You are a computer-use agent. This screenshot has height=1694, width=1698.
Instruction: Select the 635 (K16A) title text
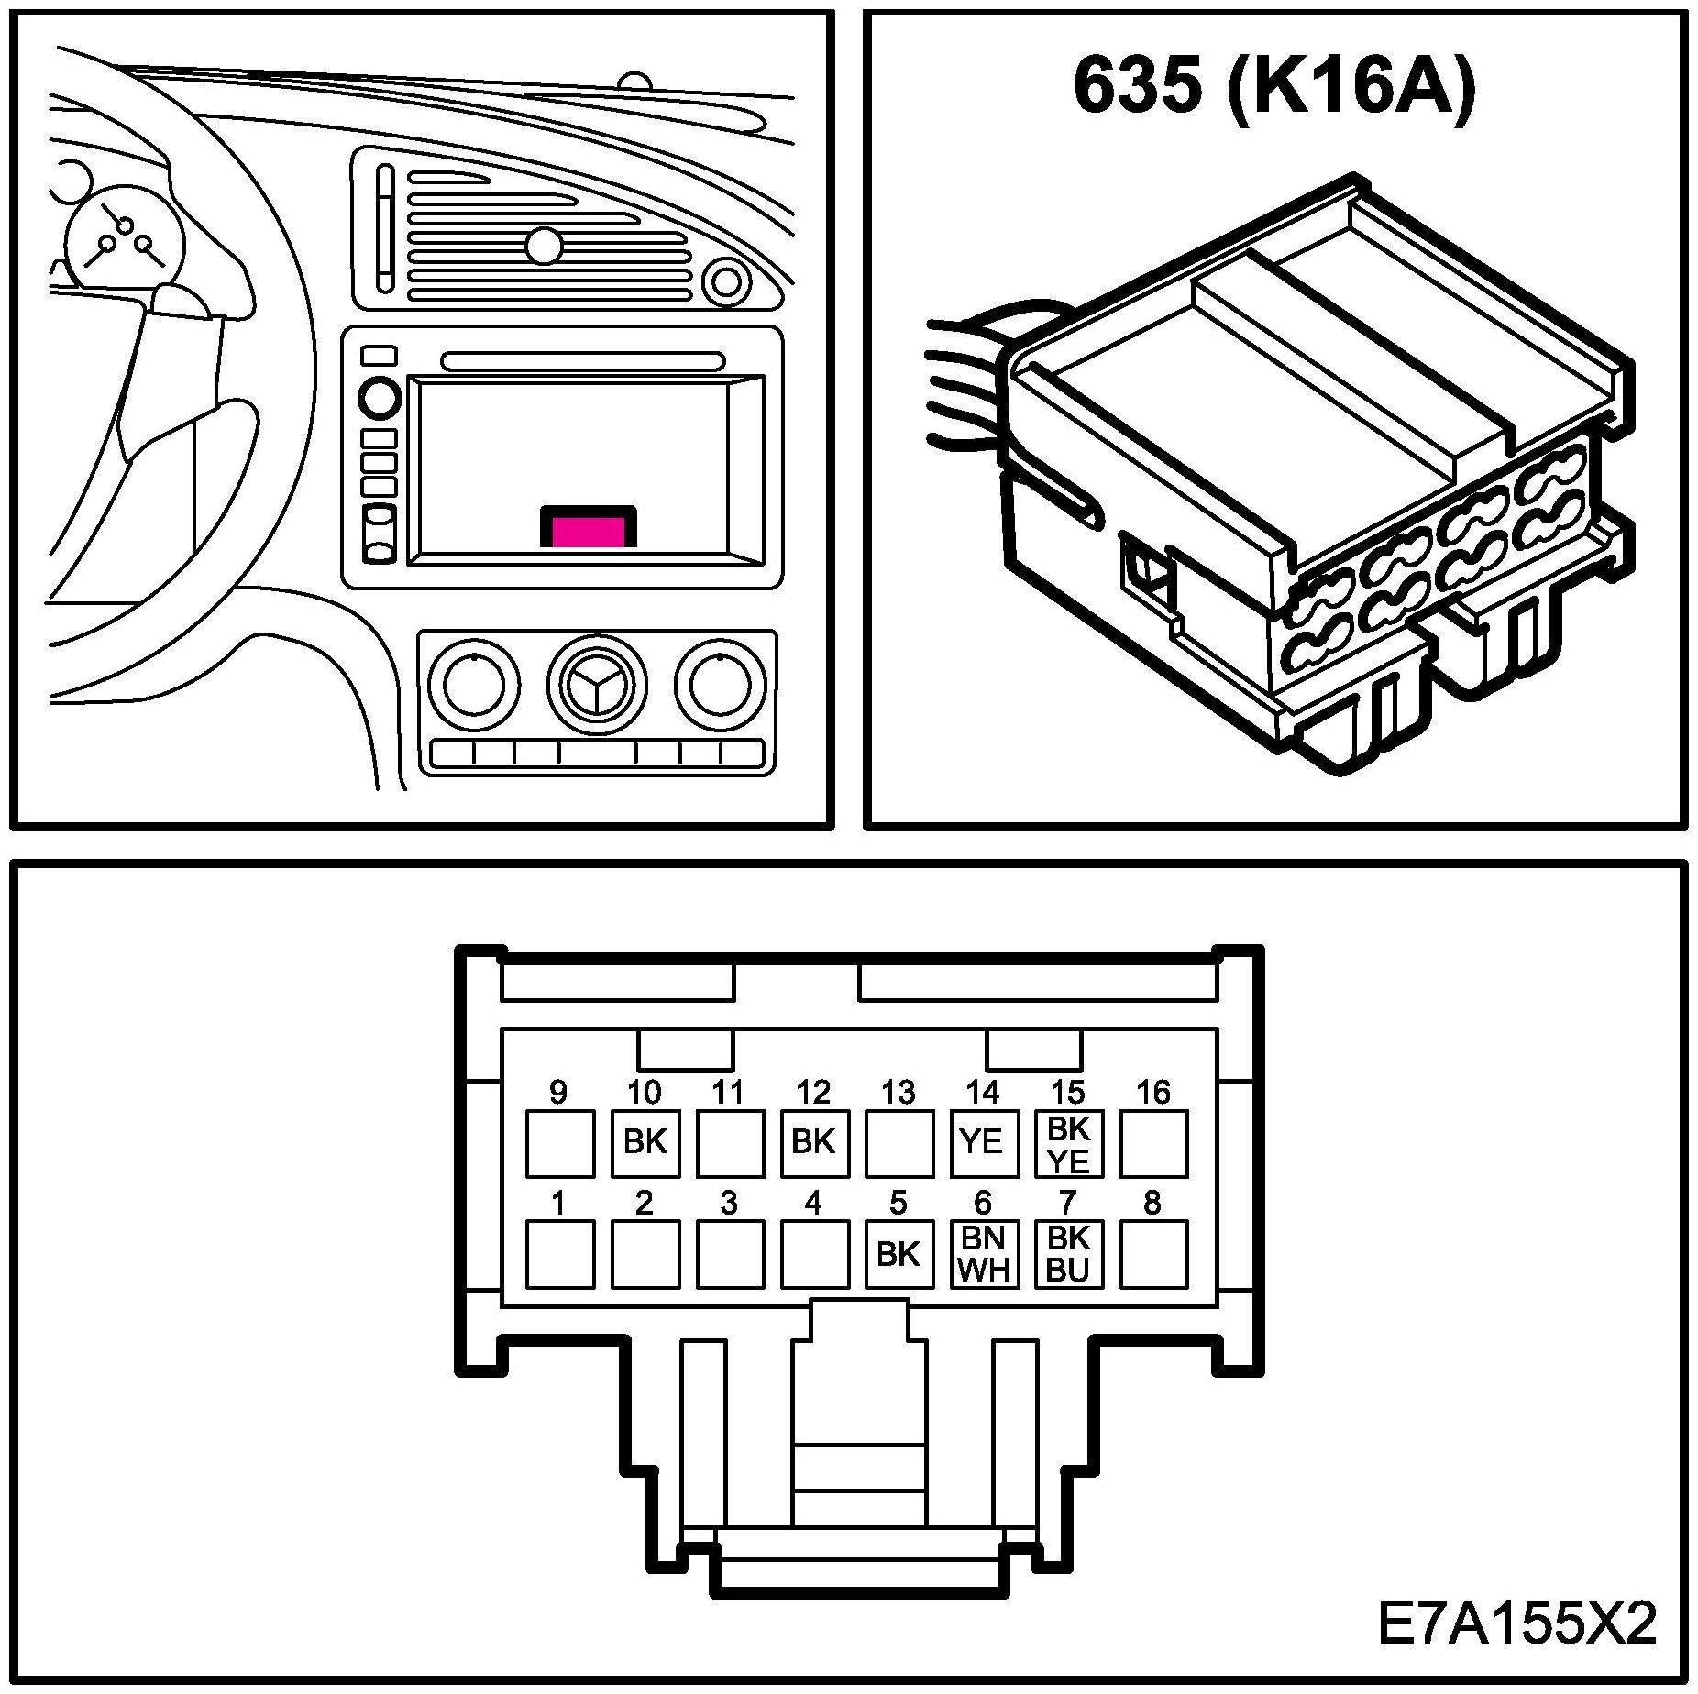[1274, 88]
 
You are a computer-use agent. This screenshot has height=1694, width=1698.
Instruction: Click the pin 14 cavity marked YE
[984, 1143]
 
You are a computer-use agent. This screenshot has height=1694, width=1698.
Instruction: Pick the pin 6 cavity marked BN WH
[984, 1254]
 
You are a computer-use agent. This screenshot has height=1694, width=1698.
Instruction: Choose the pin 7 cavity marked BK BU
[1068, 1254]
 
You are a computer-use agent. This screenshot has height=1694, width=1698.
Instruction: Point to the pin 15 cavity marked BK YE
[1068, 1143]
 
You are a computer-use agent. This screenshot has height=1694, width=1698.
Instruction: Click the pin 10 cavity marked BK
[645, 1143]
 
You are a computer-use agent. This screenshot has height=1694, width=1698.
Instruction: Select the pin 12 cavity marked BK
[814, 1143]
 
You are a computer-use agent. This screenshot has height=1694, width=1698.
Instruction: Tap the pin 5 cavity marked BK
[899, 1254]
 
